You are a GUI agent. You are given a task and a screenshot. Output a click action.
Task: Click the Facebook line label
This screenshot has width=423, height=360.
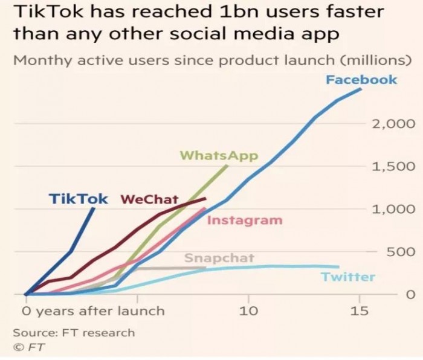tap(361, 79)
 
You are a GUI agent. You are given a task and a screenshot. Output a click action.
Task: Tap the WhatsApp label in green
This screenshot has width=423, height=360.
tap(219, 156)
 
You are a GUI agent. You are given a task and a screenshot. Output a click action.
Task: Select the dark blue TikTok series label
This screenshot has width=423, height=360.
tap(78, 199)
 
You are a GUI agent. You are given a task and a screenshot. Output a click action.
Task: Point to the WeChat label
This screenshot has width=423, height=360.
tap(150, 199)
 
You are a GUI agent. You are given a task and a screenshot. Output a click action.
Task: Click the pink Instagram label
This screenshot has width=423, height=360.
tap(245, 220)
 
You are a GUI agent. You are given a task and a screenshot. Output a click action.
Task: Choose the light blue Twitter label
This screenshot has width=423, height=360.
tap(347, 277)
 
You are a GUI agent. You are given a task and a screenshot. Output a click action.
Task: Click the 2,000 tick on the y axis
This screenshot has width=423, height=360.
tap(393, 124)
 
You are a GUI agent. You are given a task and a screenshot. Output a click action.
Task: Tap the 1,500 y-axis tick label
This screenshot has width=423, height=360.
tap(393, 167)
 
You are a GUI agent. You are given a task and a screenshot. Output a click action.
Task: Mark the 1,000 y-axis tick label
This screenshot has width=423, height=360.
tap(393, 209)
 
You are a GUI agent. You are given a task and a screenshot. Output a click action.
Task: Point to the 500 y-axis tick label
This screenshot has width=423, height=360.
tap(400, 252)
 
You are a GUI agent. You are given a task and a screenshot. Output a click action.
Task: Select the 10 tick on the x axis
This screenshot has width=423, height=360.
tap(248, 311)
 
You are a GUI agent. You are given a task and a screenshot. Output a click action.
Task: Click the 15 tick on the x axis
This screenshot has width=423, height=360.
tap(360, 311)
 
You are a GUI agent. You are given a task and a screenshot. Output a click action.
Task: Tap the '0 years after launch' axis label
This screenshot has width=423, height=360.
tap(93, 311)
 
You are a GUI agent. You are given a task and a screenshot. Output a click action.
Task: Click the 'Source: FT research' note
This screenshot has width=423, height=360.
tap(74, 332)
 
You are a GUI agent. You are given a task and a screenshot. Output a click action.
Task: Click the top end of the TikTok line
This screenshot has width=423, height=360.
tap(94, 208)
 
